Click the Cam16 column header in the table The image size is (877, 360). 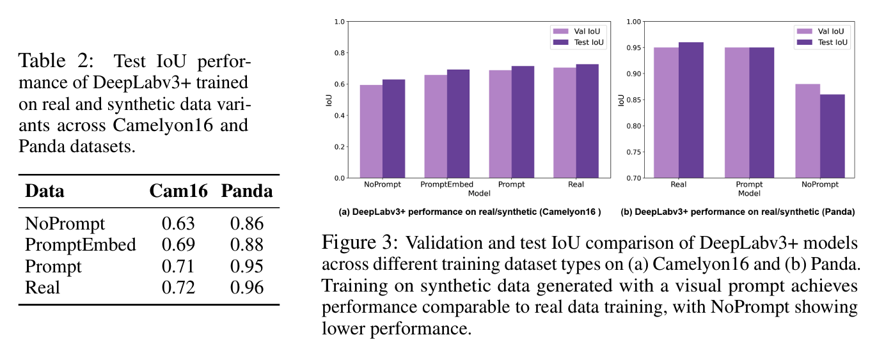tap(178, 191)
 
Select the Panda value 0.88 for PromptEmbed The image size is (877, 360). tap(246, 245)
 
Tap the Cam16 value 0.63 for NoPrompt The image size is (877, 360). tap(178, 224)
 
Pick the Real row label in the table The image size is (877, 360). tap(42, 287)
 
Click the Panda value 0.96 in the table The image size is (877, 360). tap(246, 287)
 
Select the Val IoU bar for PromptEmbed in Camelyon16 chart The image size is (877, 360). tap(435, 126)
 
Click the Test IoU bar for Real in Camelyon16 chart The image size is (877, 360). tap(587, 121)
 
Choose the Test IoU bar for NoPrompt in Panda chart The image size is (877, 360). tap(833, 136)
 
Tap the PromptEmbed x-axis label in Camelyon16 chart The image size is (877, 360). tap(446, 184)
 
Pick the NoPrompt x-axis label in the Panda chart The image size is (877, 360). tap(821, 184)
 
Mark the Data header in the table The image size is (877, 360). tap(45, 191)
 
